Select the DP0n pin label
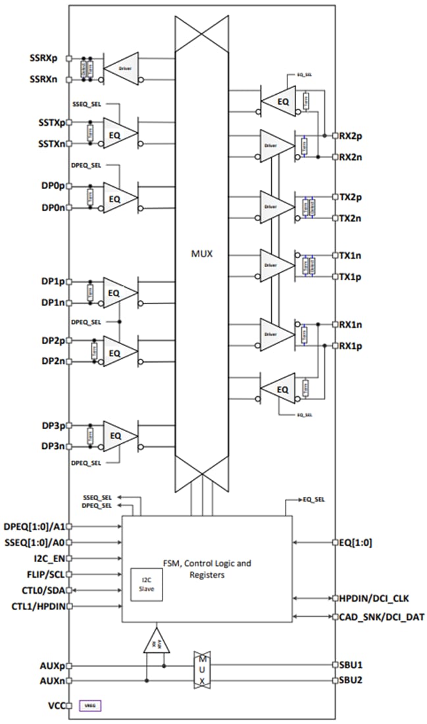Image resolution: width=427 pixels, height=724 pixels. coord(53,208)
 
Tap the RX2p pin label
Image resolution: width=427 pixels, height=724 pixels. coord(352,135)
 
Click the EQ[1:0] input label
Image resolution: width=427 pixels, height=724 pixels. coord(355,543)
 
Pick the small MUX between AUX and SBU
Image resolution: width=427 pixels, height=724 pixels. coord(203,671)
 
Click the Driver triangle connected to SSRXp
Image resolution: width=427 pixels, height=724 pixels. coord(122,68)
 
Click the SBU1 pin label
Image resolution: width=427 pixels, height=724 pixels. coord(351,665)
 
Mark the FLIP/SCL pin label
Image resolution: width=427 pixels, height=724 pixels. coord(47,574)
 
